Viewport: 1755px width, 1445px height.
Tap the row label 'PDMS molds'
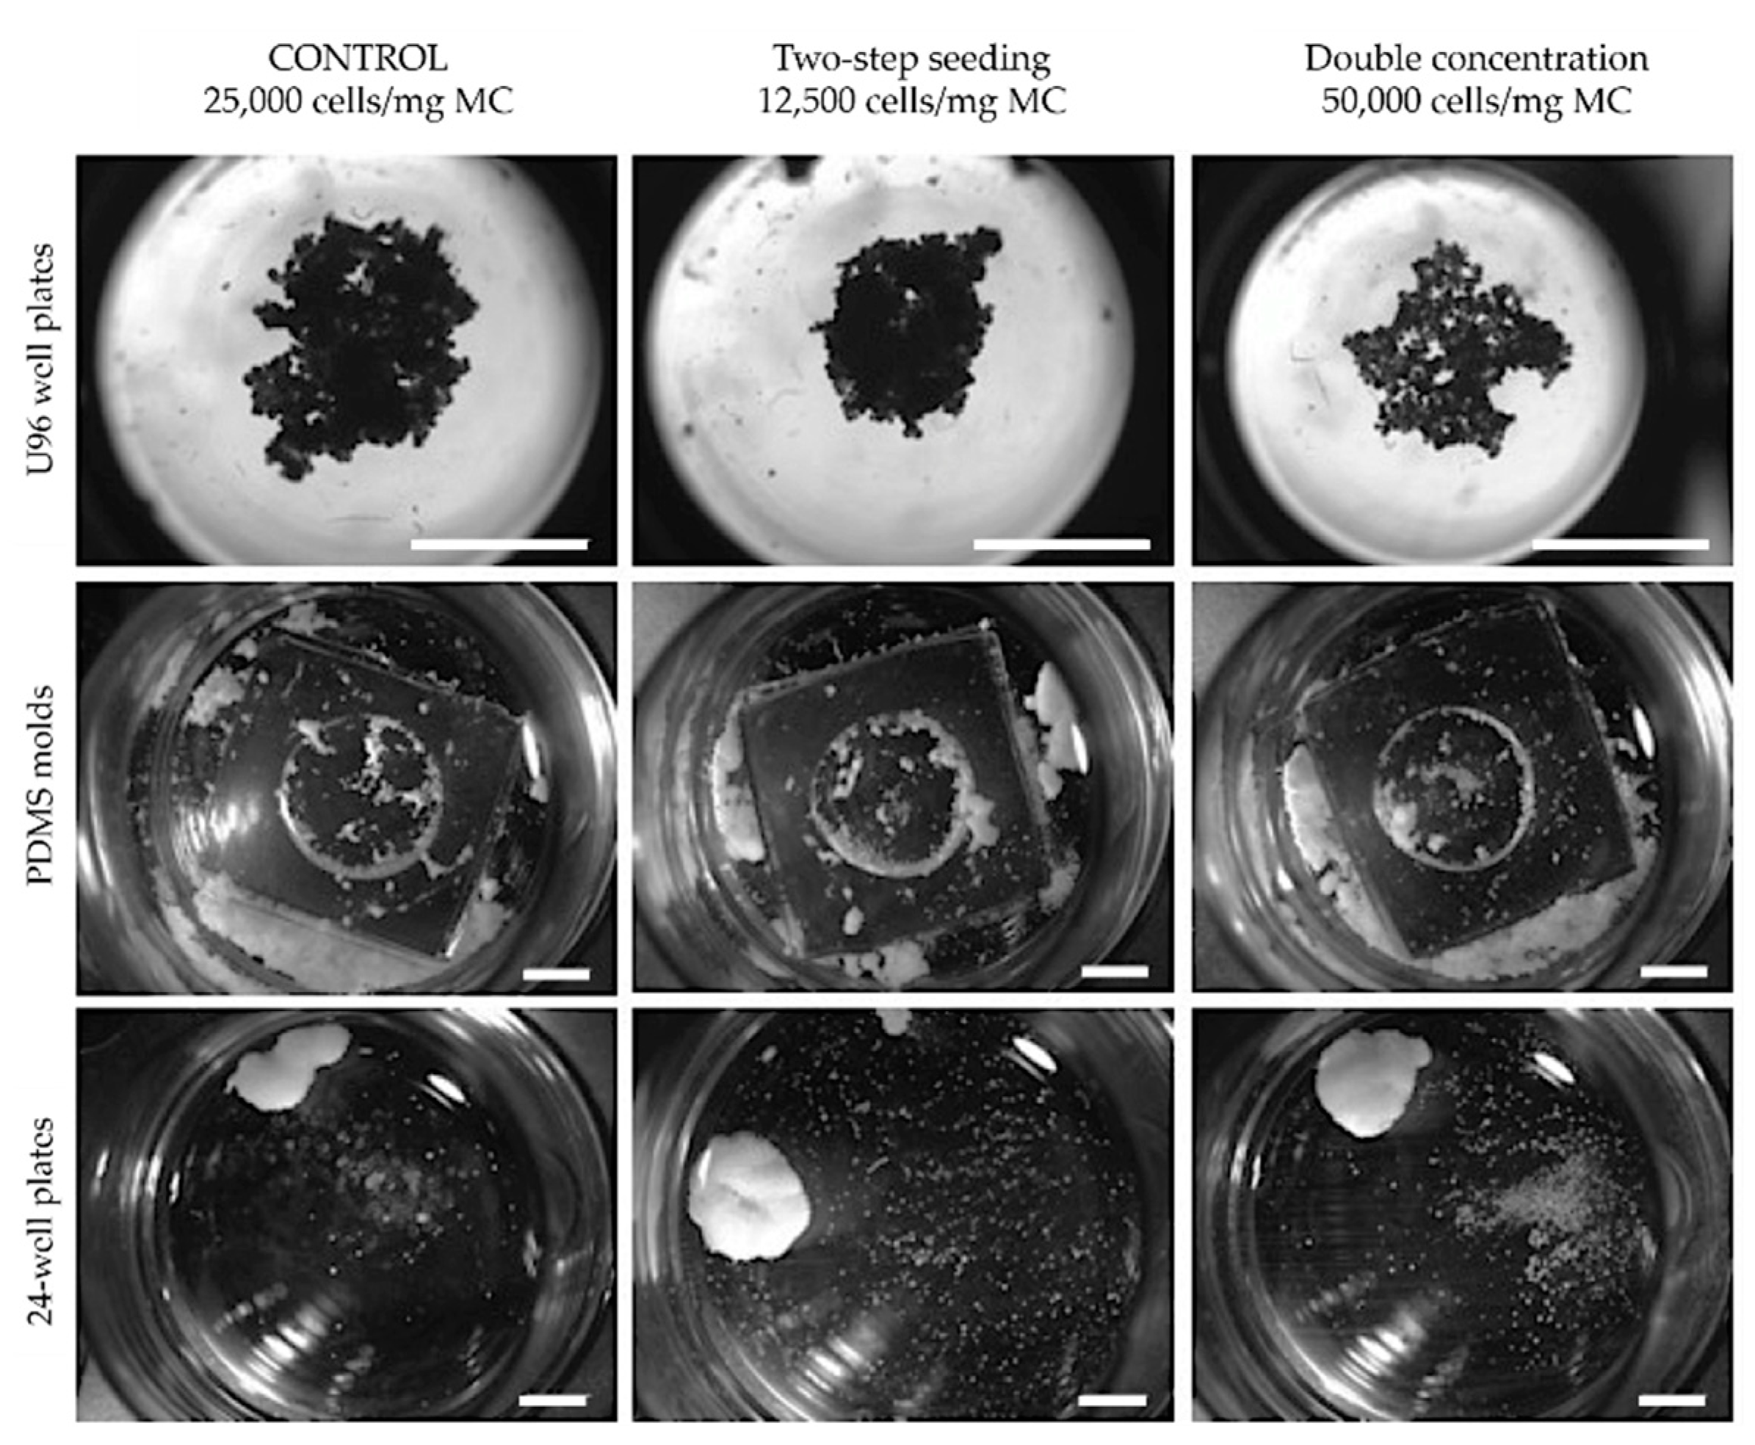(40, 786)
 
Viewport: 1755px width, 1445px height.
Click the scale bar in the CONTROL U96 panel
(499, 544)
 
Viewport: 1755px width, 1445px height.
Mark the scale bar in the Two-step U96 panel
(1062, 544)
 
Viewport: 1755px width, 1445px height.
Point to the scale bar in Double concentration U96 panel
(1620, 544)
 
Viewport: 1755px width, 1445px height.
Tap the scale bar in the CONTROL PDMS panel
(556, 973)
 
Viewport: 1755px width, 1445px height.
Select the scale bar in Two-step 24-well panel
(1112, 1400)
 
